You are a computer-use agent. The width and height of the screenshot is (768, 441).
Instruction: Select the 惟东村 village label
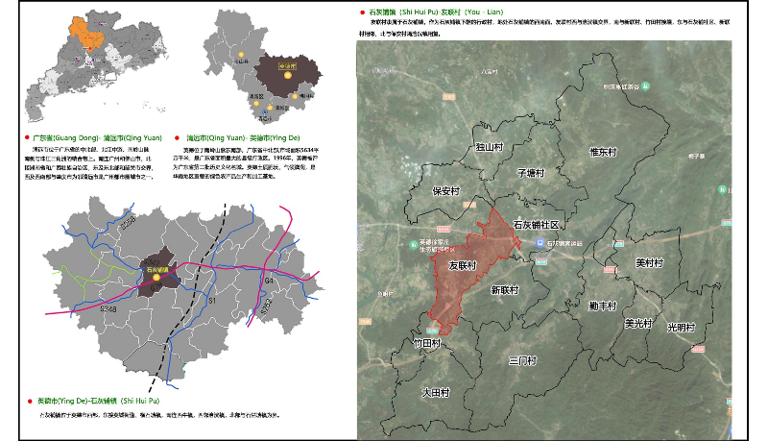608,151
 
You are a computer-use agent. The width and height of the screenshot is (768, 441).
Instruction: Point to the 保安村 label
446,191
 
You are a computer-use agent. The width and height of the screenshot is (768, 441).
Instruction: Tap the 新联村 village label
504,289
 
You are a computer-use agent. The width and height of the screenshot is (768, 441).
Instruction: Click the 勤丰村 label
603,305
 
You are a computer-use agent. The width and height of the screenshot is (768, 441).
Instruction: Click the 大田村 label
435,392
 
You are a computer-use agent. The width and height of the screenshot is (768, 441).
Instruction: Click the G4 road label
270,280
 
